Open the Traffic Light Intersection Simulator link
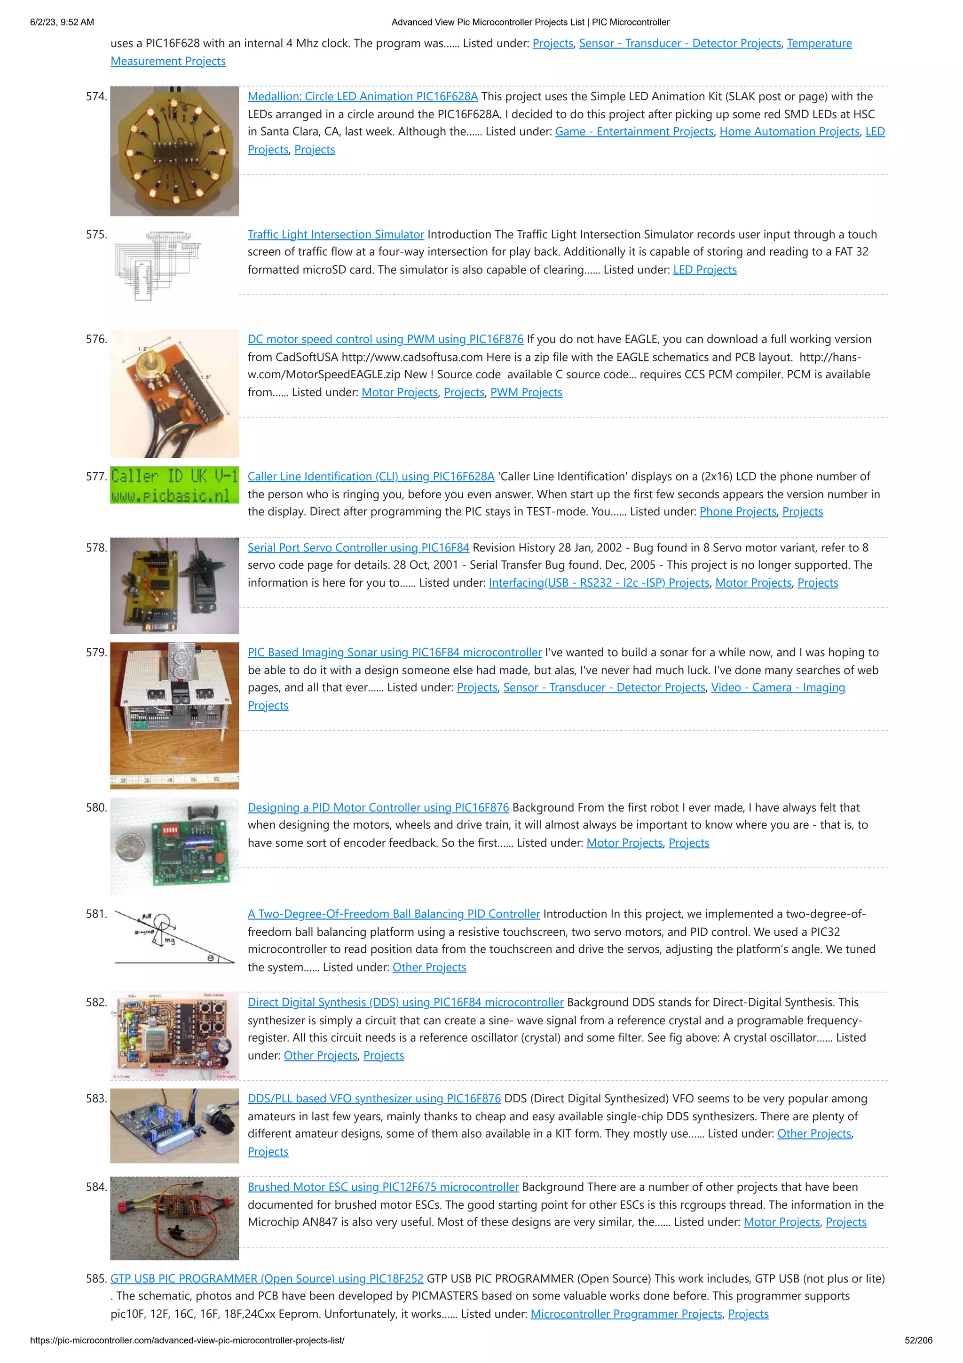click(x=336, y=234)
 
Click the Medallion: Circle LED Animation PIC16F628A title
click(x=363, y=96)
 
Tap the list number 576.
click(x=96, y=339)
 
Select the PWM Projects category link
click(x=526, y=392)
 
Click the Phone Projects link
click(x=737, y=512)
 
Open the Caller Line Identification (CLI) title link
click(x=371, y=476)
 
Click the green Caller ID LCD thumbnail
click(x=174, y=485)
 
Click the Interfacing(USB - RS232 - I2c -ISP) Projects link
click(x=599, y=583)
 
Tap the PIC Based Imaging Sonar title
click(x=395, y=653)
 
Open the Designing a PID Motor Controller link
click(x=378, y=807)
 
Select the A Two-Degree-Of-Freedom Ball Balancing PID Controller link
click(x=394, y=914)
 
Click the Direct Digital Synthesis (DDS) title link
click(x=405, y=1003)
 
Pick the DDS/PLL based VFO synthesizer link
click(x=374, y=1099)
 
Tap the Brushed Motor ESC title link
click(x=383, y=1188)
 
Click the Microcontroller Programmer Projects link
click(x=626, y=1315)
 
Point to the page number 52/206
click(x=918, y=1340)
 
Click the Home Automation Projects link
click(x=789, y=132)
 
